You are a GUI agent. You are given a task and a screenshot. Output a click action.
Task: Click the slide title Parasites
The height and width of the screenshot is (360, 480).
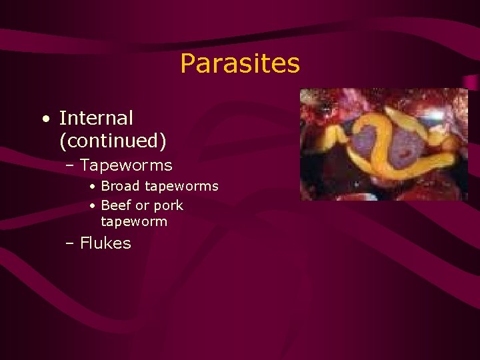240,64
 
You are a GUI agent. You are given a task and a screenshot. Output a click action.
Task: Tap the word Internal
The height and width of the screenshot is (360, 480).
96,118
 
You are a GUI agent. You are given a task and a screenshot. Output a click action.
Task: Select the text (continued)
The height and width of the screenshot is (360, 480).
113,141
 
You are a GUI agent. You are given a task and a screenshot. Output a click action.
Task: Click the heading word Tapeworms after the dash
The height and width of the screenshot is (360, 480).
126,165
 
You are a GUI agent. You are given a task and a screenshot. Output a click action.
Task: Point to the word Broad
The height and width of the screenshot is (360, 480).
121,186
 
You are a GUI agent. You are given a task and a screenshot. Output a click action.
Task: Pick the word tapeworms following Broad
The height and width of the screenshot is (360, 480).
182,186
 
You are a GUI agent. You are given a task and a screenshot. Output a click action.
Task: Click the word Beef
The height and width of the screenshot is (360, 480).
116,205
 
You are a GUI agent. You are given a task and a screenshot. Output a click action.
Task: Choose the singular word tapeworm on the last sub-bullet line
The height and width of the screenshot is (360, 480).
134,221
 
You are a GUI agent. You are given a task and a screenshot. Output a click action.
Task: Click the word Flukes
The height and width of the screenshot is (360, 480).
105,243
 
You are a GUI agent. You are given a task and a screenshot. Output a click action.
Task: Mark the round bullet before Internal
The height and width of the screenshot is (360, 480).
45,119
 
